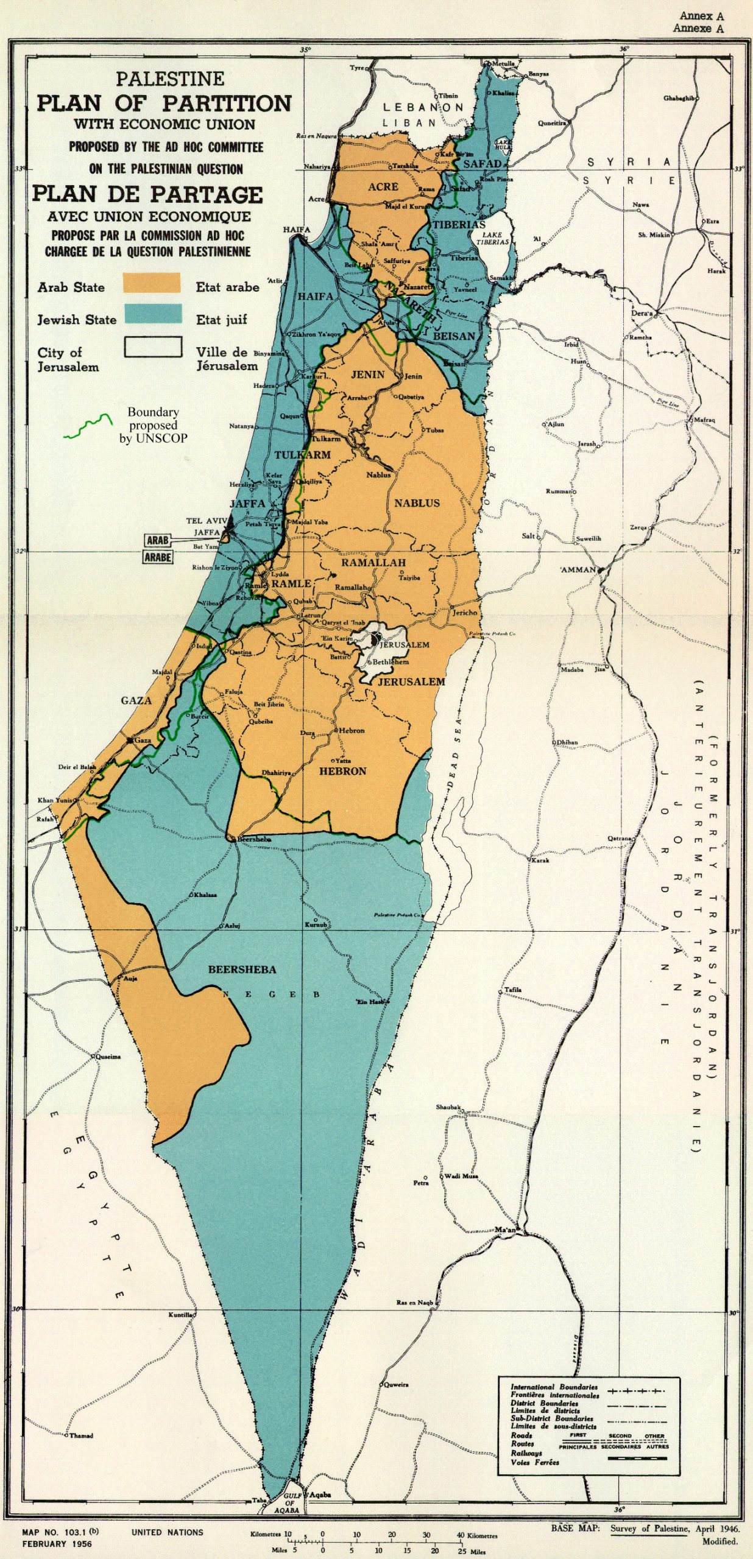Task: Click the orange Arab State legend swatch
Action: (x=152, y=283)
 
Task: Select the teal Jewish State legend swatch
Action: (x=153, y=314)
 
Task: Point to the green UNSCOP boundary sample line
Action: (x=89, y=426)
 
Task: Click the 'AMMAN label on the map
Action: (x=578, y=569)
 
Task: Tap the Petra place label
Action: (x=421, y=1183)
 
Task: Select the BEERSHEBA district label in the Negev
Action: (x=242, y=969)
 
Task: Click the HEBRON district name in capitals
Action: (x=343, y=771)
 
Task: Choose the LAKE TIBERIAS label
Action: (x=492, y=238)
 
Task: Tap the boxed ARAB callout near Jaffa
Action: (x=158, y=540)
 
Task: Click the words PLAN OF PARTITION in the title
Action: (x=164, y=104)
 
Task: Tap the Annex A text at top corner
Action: (x=702, y=16)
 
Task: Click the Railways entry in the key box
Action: (x=526, y=1453)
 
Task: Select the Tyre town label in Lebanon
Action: (x=356, y=68)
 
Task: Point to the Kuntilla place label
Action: (x=180, y=1315)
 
